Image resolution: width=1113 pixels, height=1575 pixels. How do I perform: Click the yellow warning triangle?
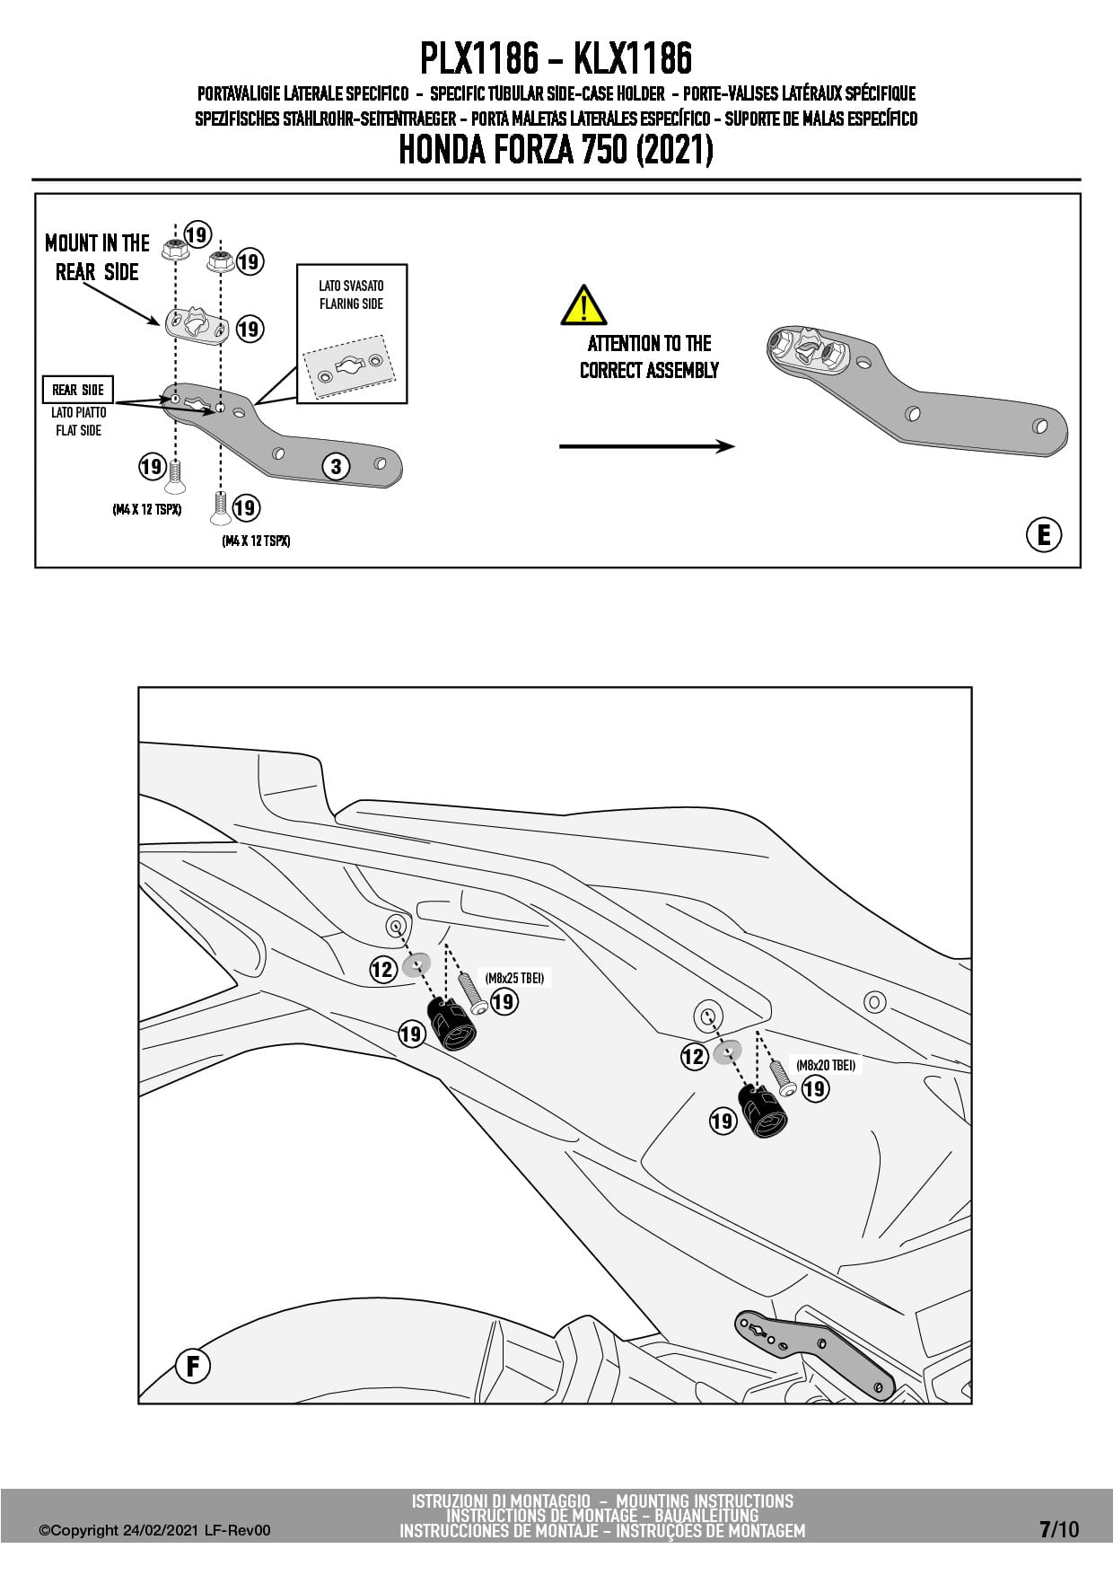[x=583, y=306]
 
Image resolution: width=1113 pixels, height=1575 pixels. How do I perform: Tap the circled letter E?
[x=1043, y=535]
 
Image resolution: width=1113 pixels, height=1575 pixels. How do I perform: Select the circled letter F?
[x=192, y=1367]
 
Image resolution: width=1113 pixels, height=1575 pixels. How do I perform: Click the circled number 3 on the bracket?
[x=336, y=466]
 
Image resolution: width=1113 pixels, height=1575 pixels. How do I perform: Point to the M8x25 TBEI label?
[x=514, y=978]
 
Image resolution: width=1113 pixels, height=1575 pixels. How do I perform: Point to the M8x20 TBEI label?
[x=825, y=1065]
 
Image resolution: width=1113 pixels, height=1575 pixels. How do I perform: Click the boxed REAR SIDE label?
[x=78, y=390]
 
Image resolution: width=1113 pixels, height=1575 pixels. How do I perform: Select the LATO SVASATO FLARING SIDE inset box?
[x=352, y=333]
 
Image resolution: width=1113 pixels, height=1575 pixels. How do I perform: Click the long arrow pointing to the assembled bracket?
[x=646, y=446]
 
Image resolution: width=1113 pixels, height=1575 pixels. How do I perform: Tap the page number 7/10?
[x=1059, y=1529]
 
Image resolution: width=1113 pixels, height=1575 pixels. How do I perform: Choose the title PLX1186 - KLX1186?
[x=556, y=59]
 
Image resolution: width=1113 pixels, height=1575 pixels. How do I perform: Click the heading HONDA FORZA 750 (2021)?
[x=556, y=150]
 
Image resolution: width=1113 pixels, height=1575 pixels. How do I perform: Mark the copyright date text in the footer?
[x=154, y=1530]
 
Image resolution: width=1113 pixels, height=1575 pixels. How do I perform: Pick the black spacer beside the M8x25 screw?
[x=451, y=1025]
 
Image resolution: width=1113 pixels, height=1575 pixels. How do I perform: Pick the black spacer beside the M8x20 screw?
[x=762, y=1111]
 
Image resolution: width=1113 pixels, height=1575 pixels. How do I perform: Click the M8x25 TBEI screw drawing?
[x=472, y=993]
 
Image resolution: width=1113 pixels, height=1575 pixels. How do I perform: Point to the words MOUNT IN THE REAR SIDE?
[x=97, y=258]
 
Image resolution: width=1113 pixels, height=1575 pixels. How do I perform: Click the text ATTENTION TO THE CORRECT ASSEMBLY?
[x=649, y=356]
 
